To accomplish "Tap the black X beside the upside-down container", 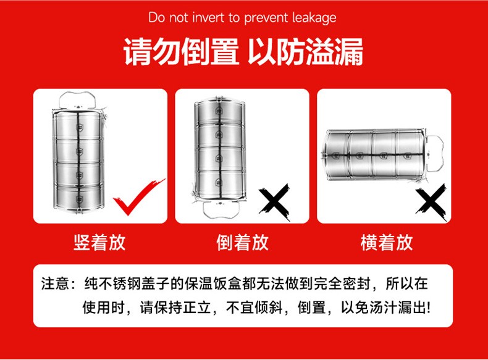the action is coord(274,202).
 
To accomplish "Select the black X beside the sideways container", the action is coord(431,202).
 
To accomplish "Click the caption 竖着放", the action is coord(99,243).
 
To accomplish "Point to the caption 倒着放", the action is coord(243,243).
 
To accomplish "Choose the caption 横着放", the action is coord(387,243).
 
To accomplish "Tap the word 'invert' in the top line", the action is coord(208,17).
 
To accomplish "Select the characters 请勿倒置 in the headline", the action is coord(181,52).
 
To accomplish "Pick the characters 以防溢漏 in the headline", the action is coord(306,52).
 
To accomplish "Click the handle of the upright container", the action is coord(77,99).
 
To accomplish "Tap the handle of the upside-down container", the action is coord(221,209).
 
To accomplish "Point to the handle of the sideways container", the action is coord(435,153).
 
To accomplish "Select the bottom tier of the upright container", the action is coord(78,197).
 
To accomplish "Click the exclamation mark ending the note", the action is coord(429,308).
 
